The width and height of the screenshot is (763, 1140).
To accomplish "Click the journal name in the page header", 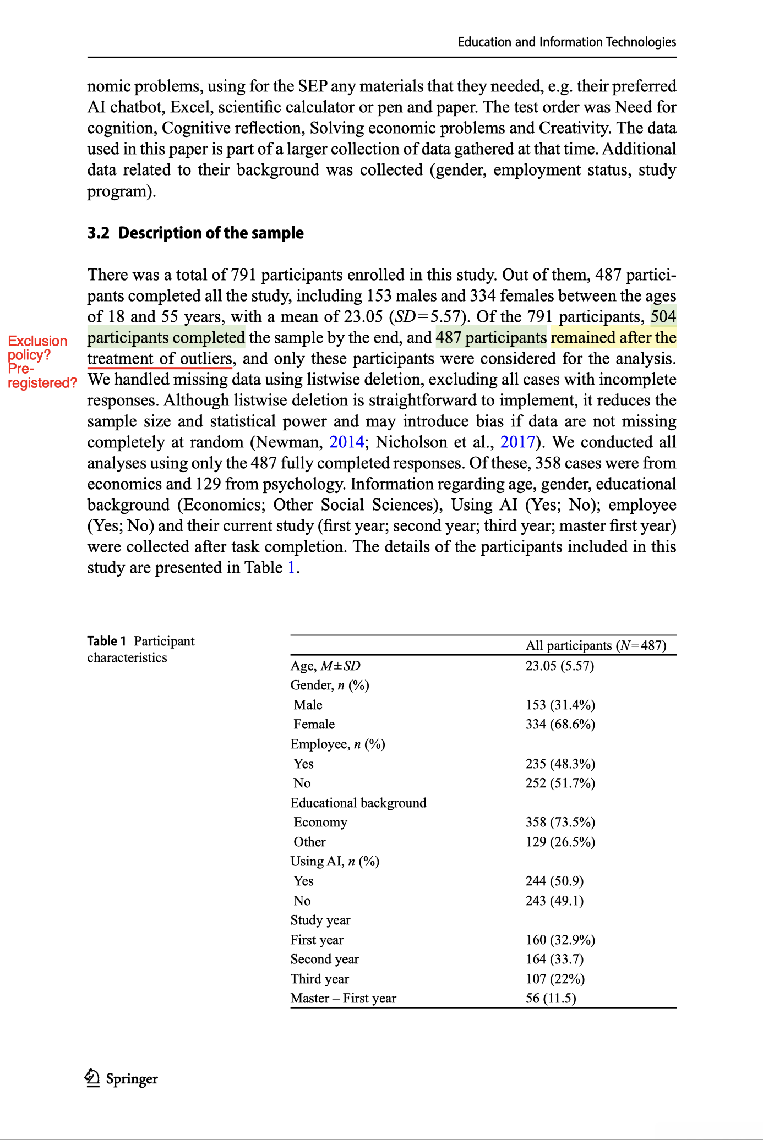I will (566, 42).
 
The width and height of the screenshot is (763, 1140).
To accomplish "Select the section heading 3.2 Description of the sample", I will (195, 233).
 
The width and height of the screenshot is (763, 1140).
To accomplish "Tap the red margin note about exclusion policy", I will (39, 361).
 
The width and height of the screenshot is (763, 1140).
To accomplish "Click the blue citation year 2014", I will (346, 442).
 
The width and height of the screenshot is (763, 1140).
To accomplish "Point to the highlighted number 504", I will (663, 316).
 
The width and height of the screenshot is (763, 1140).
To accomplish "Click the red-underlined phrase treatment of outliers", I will (160, 359).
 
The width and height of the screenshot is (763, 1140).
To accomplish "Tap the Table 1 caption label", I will (107, 641).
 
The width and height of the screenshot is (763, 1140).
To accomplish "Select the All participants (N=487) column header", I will (596, 645).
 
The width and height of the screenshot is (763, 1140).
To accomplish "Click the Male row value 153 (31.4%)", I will (560, 705).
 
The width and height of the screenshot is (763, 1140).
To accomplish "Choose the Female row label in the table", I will (314, 724).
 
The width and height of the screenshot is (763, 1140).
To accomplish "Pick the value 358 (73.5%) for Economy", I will (560, 822).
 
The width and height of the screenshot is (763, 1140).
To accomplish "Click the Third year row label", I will (319, 979).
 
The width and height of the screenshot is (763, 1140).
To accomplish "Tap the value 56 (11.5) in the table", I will (551, 998).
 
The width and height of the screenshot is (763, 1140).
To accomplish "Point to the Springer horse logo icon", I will (92, 1078).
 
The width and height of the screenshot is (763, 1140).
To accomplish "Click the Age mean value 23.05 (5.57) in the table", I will (559, 666).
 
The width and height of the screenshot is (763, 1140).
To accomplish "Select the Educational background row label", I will (358, 803).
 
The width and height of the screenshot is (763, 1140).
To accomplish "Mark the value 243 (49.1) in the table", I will (554, 901).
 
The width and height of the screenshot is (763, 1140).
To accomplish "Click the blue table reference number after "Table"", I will (291, 567).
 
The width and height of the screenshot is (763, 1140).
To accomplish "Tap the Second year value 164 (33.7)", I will (554, 959).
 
